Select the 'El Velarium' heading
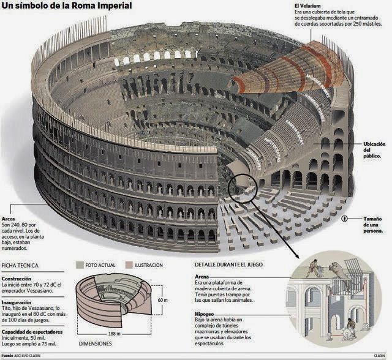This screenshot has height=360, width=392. coord(309,6)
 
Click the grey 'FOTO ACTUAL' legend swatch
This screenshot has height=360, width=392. coord(80,265)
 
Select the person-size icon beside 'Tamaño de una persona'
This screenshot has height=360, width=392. coord(345,219)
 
